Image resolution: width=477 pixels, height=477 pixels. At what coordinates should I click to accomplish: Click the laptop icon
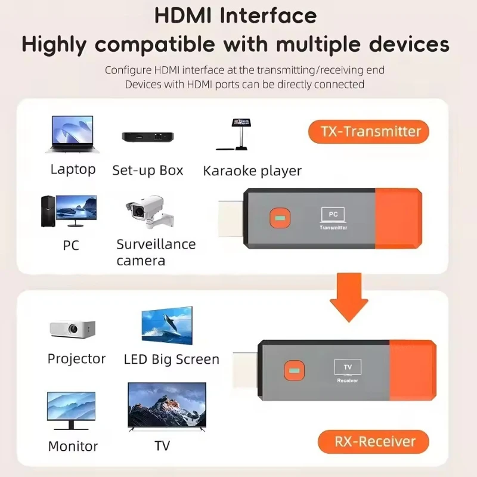[x=71, y=134]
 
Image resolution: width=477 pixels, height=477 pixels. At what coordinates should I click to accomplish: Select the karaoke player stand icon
[x=240, y=135]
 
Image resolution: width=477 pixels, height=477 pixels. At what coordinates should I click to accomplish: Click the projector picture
[x=72, y=328]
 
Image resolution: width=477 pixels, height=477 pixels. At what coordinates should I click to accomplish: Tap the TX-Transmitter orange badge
[x=368, y=131]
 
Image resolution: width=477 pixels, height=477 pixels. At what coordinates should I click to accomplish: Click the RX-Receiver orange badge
[x=373, y=442]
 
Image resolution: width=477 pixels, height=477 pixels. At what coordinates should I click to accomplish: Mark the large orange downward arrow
[x=349, y=296]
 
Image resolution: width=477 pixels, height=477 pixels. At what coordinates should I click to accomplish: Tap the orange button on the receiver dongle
[x=292, y=370]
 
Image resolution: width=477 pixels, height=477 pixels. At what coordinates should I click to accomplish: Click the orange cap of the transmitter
[x=398, y=218]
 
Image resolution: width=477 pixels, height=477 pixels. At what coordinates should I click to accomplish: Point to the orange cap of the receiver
[x=413, y=370]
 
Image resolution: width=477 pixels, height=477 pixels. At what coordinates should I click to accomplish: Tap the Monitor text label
[x=73, y=446]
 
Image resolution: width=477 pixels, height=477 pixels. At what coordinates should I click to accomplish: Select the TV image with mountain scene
[x=167, y=407]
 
